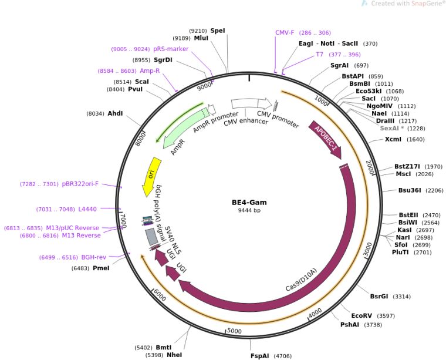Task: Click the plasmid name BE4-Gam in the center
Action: [x=249, y=202]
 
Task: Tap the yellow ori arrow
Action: [x=151, y=175]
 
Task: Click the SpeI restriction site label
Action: [x=217, y=31]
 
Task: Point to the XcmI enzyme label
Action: [x=393, y=139]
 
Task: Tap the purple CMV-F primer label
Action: [x=285, y=33]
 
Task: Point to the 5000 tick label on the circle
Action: [x=234, y=331]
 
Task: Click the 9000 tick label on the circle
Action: [x=204, y=86]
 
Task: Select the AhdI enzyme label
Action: [x=115, y=113]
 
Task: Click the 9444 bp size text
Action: [x=249, y=210]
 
